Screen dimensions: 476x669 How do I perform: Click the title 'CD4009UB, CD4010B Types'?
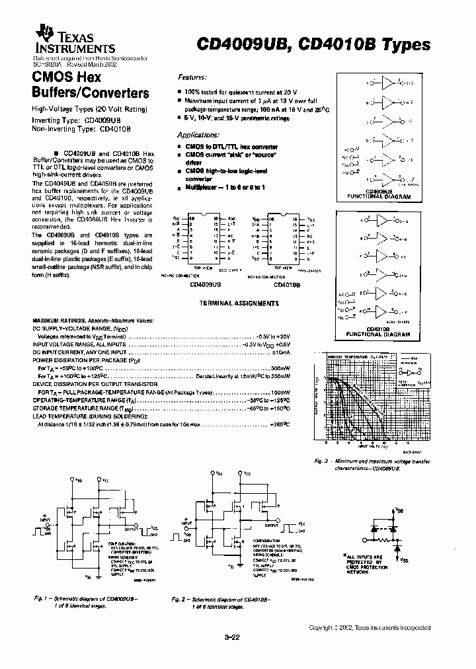314,44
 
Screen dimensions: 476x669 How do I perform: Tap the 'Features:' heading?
192,77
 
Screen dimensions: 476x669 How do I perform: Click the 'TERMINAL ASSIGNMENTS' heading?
239,303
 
